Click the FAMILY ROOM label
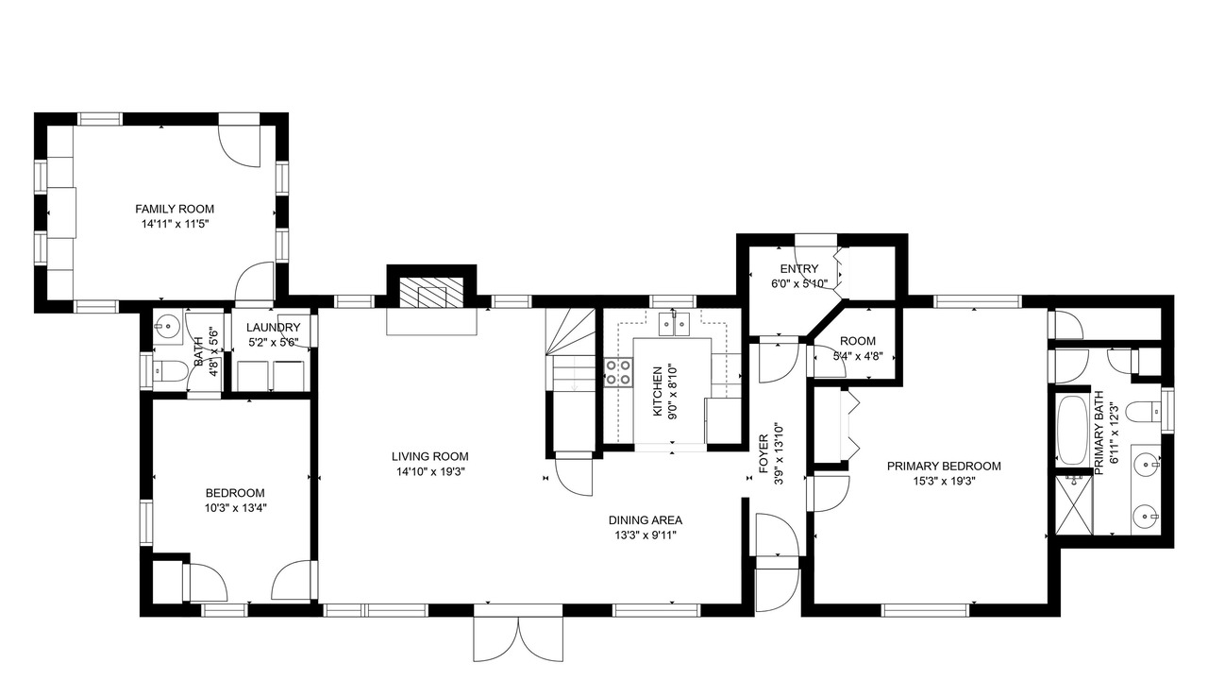point(175,209)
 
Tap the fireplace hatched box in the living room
point(431,293)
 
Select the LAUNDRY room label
point(273,328)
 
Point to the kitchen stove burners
point(618,372)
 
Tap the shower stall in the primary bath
point(1073,504)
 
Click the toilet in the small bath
point(169,371)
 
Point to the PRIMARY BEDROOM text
point(944,467)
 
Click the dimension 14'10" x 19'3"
point(430,471)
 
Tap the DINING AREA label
point(645,520)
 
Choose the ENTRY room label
point(798,269)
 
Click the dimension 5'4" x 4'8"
point(858,356)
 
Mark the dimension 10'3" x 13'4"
point(235,508)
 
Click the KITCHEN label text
point(658,392)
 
